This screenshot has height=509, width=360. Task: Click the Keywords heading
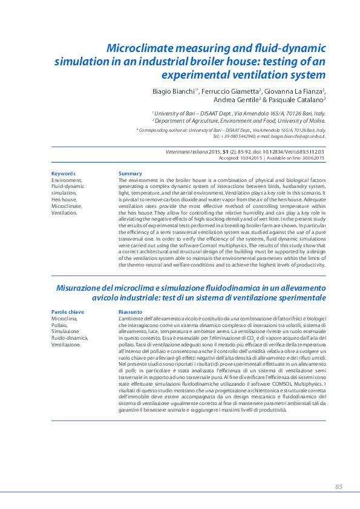click(64, 173)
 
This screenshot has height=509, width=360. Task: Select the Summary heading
click(130, 173)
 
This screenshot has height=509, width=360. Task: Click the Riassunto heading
click(131, 312)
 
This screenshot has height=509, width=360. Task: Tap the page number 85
click(338, 487)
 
